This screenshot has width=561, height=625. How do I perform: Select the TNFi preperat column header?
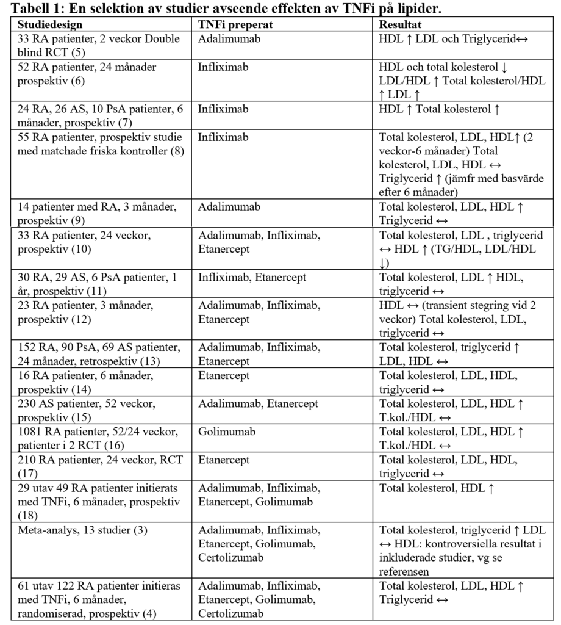235,26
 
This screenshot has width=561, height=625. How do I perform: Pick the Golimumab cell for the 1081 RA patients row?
224,432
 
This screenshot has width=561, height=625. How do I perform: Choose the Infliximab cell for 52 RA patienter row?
223,67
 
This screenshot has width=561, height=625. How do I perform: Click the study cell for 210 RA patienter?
91,458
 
